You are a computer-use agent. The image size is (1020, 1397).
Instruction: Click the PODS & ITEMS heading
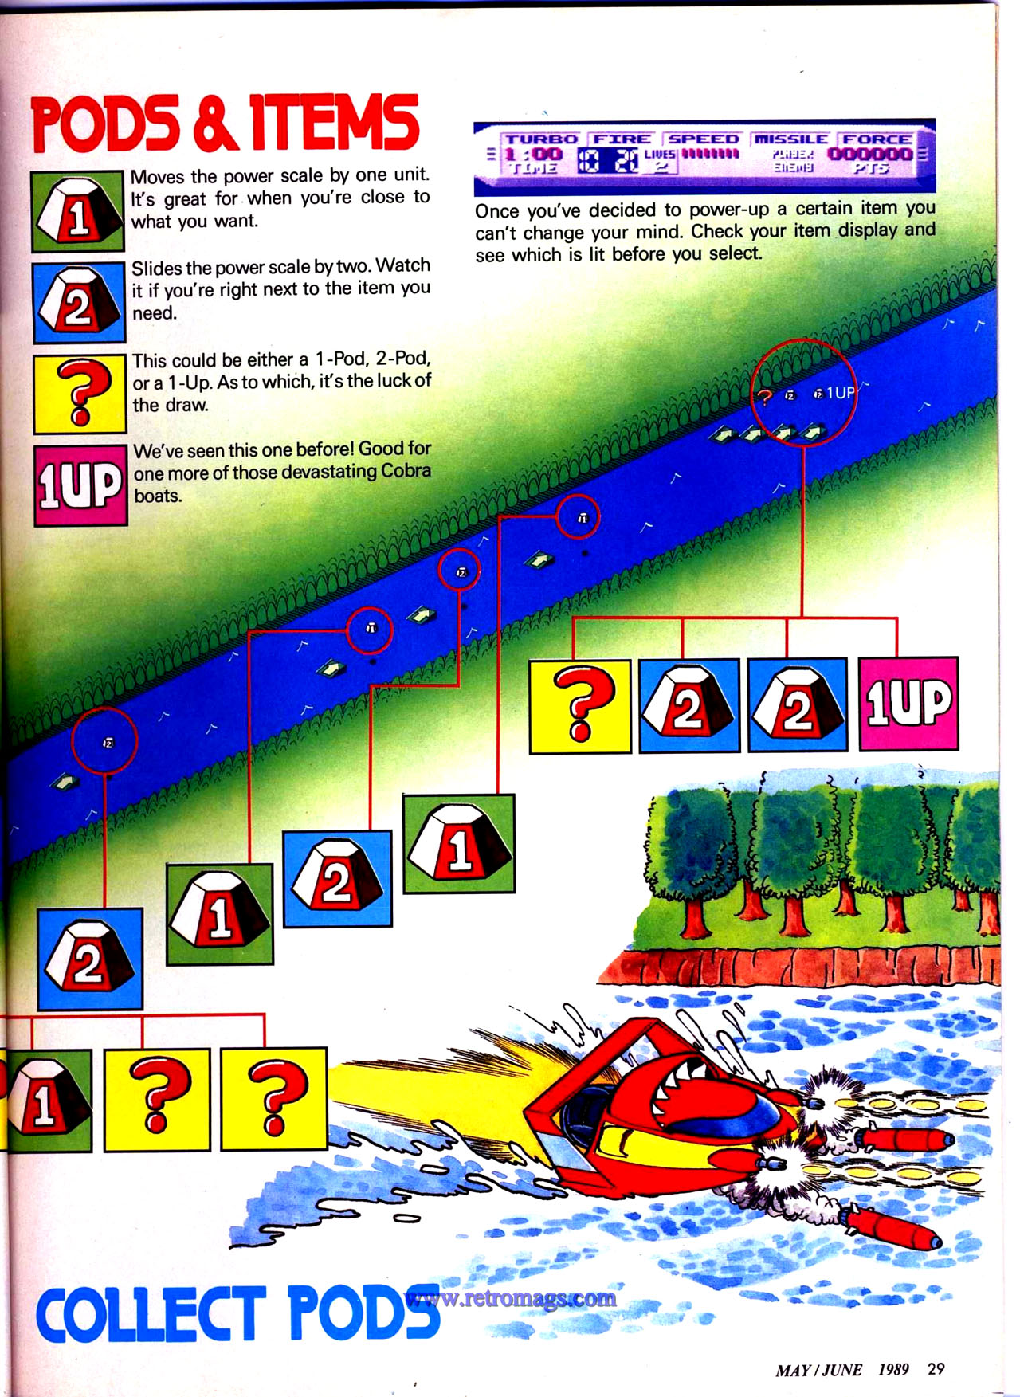coord(225,124)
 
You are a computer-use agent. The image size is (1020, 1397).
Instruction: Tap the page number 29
coord(936,1368)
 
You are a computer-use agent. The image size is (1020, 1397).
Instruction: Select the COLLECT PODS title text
coord(237,1312)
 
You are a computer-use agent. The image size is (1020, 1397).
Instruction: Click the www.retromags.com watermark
coord(511,1298)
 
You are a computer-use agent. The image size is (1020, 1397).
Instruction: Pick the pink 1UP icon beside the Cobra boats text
coord(80,485)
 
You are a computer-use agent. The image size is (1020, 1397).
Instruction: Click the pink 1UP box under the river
coord(908,704)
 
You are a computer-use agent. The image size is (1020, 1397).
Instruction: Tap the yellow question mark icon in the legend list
coord(80,394)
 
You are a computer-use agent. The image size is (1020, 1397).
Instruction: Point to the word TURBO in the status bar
coord(541,139)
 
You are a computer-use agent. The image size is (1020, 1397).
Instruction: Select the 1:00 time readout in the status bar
coord(533,154)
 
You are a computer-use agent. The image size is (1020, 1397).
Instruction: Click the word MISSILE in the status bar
coord(791,139)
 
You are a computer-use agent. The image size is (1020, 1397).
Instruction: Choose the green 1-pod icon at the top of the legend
coord(78,212)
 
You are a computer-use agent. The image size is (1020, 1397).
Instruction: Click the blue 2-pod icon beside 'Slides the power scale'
coord(78,303)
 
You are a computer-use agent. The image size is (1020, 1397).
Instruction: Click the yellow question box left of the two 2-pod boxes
coord(580,704)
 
